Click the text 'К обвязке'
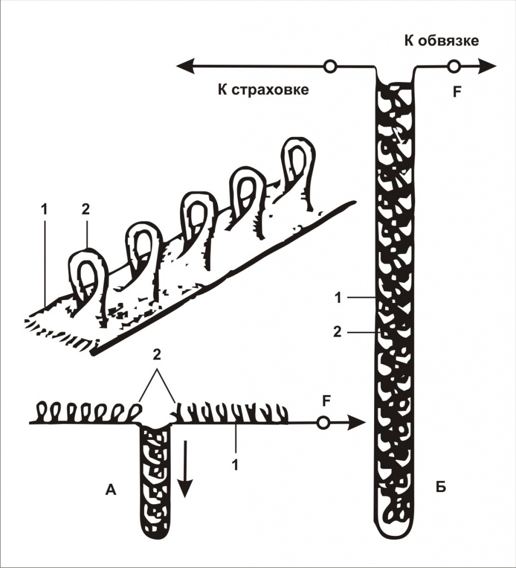[x=441, y=40]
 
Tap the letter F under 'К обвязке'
[x=456, y=92]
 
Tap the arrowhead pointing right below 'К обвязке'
[x=488, y=67]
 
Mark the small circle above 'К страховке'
[x=330, y=67]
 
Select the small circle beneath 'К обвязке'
[x=454, y=67]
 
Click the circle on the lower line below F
[x=324, y=423]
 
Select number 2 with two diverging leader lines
[x=157, y=358]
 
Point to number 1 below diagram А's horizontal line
[x=235, y=464]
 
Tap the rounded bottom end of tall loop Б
[x=396, y=527]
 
